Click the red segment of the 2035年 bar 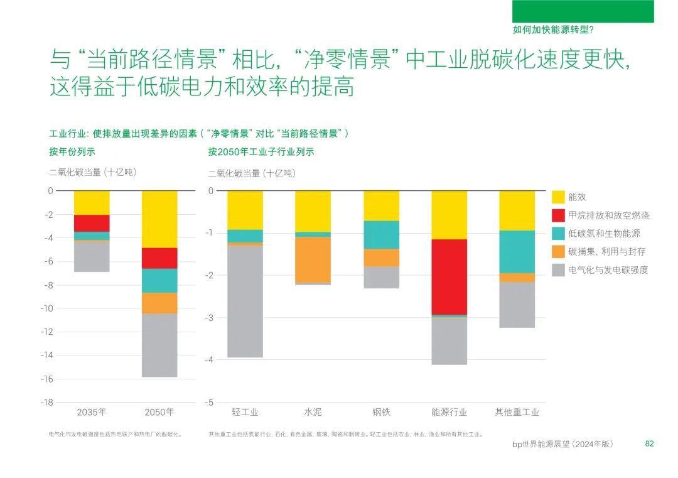(92, 223)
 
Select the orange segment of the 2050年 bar (159, 303)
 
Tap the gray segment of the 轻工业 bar (245, 301)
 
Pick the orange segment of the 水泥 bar (313, 259)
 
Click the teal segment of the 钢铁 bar (381, 234)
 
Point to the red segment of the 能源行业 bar (449, 276)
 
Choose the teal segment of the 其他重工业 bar (517, 251)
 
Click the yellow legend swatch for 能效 (558, 197)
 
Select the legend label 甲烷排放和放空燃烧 (608, 215)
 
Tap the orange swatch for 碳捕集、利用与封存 (558, 252)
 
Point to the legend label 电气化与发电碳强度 (608, 270)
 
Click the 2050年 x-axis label (159, 413)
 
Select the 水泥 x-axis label (313, 413)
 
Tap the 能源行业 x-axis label (449, 413)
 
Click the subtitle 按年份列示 (72, 152)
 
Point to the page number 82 (650, 444)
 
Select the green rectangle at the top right (583, 11)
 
